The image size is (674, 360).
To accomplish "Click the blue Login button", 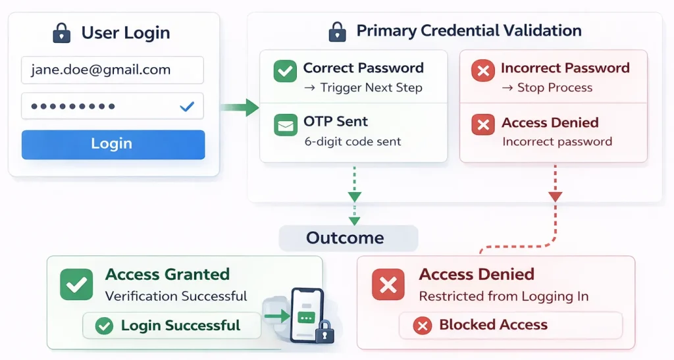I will tap(113, 144).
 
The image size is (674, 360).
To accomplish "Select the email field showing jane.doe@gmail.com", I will tap(113, 70).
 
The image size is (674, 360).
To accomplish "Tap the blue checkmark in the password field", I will tap(187, 106).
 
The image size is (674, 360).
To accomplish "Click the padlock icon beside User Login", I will tap(61, 32).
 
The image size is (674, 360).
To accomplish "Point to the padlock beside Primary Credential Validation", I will tap(337, 31).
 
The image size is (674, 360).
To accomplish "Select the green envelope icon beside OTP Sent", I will tap(285, 125).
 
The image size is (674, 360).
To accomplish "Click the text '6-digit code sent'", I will tap(353, 141).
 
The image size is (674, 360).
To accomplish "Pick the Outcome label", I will tap(345, 238).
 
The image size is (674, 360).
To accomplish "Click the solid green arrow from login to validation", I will tap(240, 107).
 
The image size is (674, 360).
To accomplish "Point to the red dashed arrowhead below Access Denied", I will tap(555, 196).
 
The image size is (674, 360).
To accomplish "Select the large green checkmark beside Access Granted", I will tap(76, 284).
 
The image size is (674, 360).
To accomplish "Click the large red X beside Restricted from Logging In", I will tap(388, 284).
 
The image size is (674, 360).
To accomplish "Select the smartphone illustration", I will tap(306, 315).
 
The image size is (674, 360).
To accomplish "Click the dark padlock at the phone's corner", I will tap(324, 334).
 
